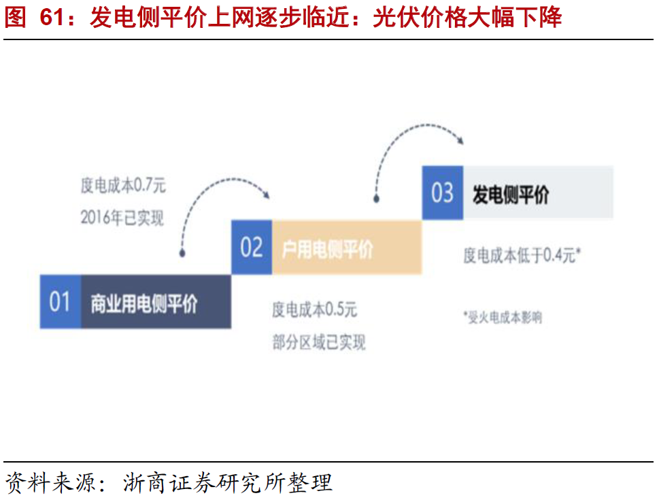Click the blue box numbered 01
(60, 301)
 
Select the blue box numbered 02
(251, 247)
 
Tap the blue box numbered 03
(442, 193)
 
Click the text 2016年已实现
(122, 218)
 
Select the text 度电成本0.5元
(314, 310)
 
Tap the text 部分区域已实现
(319, 343)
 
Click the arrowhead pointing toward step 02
(267, 195)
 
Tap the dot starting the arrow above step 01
(182, 254)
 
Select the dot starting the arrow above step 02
(375, 199)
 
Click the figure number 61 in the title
(53, 18)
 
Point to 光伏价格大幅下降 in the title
(467, 18)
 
